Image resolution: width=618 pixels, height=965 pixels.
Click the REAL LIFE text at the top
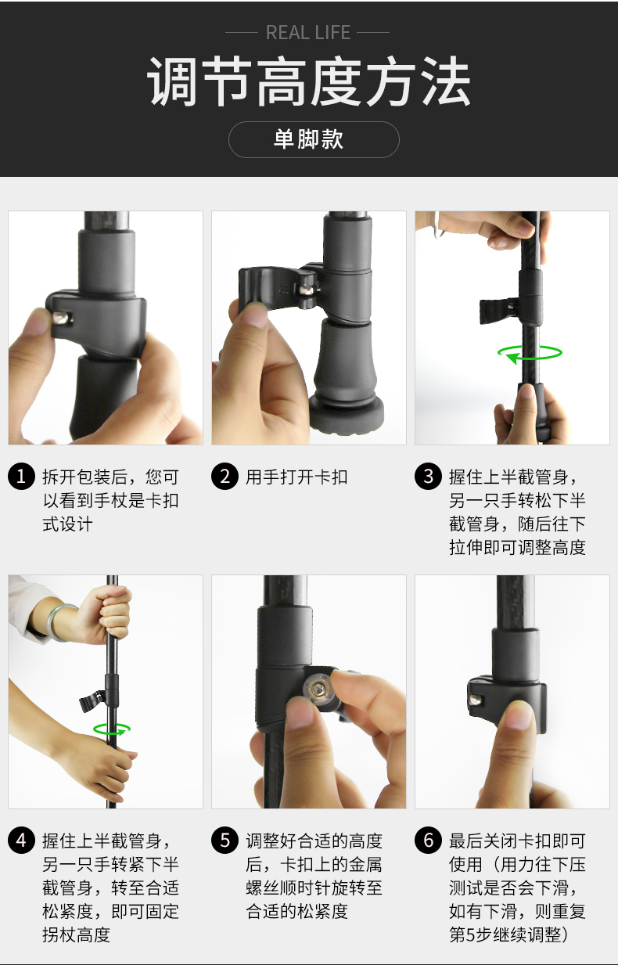(x=308, y=33)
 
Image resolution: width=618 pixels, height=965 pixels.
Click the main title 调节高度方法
(x=308, y=82)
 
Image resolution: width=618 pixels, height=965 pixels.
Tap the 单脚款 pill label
(x=314, y=139)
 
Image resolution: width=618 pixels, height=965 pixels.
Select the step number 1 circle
(x=21, y=477)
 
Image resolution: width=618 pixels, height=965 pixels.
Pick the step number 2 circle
(x=225, y=477)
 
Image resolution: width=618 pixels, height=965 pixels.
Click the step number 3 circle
(x=428, y=477)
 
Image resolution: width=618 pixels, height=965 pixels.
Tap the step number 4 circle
(x=21, y=841)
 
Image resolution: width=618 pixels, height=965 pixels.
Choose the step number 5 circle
(x=225, y=841)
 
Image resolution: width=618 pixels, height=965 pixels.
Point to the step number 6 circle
(x=428, y=841)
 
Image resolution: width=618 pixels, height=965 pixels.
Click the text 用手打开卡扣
(x=296, y=477)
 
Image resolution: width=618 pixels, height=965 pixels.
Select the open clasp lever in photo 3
(x=494, y=311)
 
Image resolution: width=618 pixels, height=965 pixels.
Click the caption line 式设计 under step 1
(x=67, y=524)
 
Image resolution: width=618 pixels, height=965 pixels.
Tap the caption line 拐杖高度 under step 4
(x=76, y=934)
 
